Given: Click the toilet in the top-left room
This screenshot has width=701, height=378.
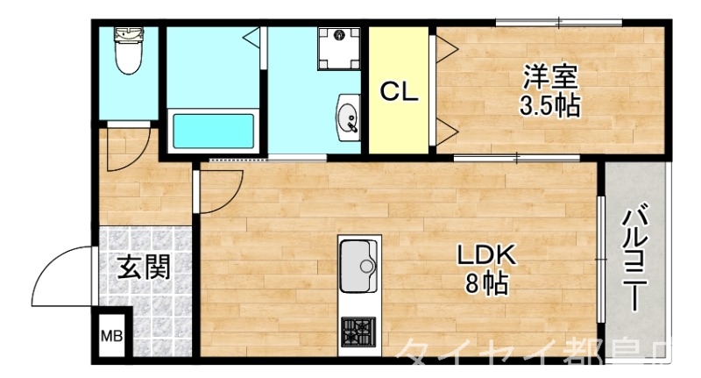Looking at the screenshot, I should pyautogui.click(x=128, y=53).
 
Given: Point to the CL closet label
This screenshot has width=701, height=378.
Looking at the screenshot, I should pyautogui.click(x=399, y=90).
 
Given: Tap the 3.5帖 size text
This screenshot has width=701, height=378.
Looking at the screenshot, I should pyautogui.click(x=550, y=107).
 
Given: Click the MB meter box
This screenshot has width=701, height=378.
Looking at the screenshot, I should pyautogui.click(x=111, y=336).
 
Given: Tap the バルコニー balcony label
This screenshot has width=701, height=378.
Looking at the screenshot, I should pyautogui.click(x=637, y=260).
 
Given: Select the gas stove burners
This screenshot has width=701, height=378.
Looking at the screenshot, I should pyautogui.click(x=358, y=332).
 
